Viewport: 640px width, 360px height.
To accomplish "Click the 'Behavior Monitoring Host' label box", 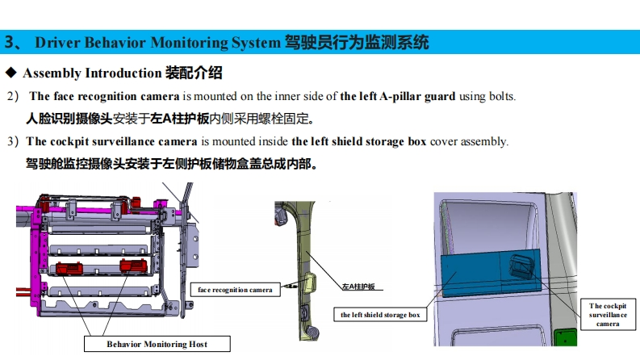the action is (157, 344).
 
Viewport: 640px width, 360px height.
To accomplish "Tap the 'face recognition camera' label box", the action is (235, 290).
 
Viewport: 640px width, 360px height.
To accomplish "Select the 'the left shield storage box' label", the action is (380, 315).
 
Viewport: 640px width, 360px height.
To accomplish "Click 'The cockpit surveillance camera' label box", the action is (608, 314).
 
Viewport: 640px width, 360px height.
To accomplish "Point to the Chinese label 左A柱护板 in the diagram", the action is (358, 287).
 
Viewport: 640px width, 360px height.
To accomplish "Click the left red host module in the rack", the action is (69, 268).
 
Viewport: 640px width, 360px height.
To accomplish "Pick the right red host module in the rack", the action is (133, 266).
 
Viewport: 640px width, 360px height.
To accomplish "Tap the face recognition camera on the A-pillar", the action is (311, 281).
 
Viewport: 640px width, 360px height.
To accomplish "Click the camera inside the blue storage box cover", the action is (521, 266).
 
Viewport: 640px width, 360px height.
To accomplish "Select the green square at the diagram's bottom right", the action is (565, 337).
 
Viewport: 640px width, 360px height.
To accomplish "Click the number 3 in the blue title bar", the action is (10, 43).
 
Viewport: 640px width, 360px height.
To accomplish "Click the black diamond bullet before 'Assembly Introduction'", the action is (11, 73).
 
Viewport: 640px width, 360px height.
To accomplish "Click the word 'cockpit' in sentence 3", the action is (69, 141).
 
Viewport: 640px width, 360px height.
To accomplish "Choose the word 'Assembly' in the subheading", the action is (52, 73).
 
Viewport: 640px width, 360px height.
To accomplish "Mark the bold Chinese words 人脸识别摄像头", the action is (69, 119).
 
